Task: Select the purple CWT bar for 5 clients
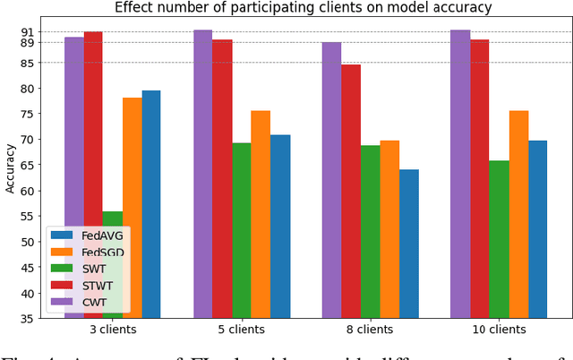point(203,174)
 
